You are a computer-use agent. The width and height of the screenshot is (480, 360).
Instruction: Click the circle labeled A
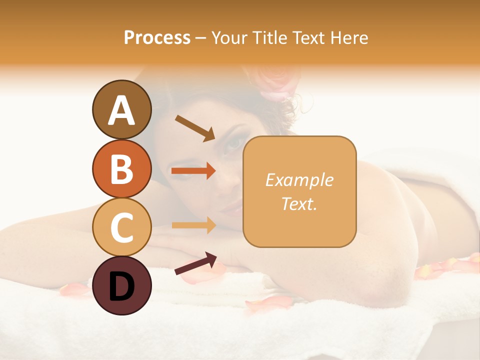point(121,110)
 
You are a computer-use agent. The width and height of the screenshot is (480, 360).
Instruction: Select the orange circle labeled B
point(121,169)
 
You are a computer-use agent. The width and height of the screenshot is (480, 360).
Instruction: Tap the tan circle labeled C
point(121,227)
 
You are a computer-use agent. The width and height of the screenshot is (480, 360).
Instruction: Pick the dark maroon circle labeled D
point(121,285)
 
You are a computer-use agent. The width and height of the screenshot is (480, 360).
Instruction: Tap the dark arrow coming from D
point(195,263)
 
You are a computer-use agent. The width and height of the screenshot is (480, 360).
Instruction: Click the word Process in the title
point(157,37)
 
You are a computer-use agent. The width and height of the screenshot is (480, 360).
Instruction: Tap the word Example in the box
point(299,180)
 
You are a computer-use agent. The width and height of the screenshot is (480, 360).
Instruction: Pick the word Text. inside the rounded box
point(299,203)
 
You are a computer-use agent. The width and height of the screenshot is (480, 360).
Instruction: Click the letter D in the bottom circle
point(121,286)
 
